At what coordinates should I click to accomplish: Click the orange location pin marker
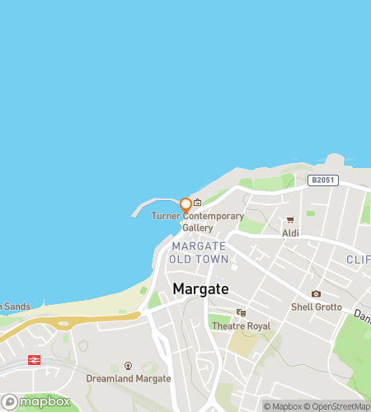tap(185, 204)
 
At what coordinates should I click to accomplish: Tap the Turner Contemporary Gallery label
tap(198, 222)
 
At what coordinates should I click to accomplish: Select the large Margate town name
tap(201, 288)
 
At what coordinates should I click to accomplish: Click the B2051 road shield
tap(323, 180)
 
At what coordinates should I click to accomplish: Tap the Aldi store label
tap(290, 233)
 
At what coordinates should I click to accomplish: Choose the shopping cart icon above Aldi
tap(290, 220)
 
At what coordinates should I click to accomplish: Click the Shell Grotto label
tap(316, 307)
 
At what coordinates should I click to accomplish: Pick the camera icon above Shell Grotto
tap(316, 294)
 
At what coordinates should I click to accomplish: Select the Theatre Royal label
tap(241, 325)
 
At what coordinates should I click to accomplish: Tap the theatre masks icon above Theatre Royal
tap(241, 312)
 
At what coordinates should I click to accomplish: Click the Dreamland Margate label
tap(129, 378)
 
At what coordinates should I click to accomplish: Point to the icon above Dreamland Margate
tap(128, 365)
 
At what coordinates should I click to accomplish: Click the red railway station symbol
tap(34, 359)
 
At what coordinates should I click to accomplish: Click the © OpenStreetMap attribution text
tap(338, 405)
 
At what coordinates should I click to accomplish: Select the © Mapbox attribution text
tap(283, 405)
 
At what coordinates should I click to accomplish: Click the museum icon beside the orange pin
tap(198, 202)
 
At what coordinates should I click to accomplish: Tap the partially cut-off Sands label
tap(15, 307)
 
